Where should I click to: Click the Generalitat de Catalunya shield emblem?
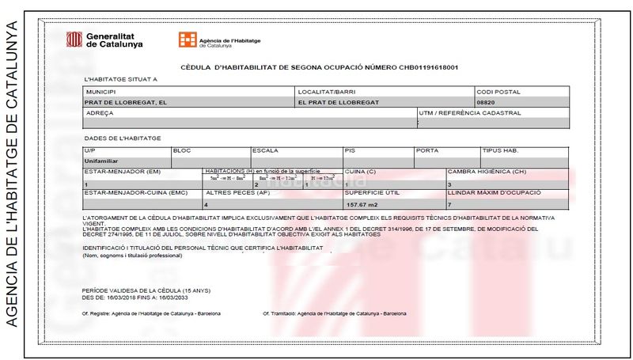point(74,39)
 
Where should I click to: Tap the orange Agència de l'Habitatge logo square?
point(187,40)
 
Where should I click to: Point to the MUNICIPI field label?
point(100,92)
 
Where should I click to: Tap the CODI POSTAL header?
point(498,92)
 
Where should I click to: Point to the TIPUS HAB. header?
point(500,150)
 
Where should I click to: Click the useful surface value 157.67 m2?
point(362,204)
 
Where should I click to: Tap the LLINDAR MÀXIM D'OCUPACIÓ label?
point(494,192)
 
